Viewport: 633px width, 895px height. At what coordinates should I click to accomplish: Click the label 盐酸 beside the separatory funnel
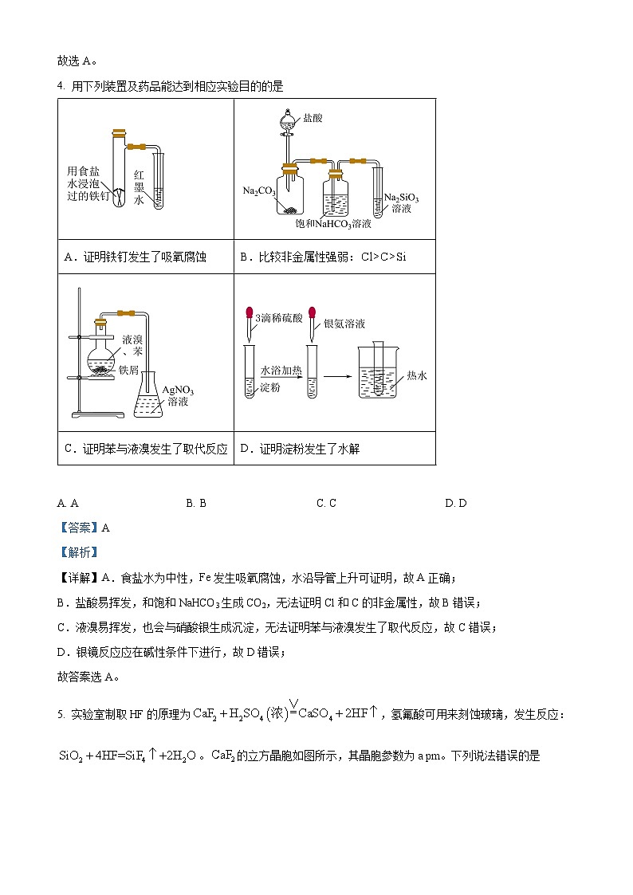pyautogui.click(x=313, y=118)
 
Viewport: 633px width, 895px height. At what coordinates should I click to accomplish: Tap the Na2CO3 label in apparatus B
pyautogui.click(x=259, y=191)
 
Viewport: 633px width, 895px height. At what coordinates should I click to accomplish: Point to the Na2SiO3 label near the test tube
pyautogui.click(x=401, y=197)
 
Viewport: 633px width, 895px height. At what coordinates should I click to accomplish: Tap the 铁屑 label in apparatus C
pyautogui.click(x=128, y=370)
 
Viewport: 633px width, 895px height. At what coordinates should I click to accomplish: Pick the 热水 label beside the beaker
pyautogui.click(x=417, y=375)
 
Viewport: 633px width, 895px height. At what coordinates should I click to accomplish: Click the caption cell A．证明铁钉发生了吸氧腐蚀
pyautogui.click(x=135, y=257)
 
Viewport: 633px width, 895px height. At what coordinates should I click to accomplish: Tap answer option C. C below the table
pyautogui.click(x=326, y=503)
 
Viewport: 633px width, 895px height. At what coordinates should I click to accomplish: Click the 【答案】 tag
pyautogui.click(x=77, y=527)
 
